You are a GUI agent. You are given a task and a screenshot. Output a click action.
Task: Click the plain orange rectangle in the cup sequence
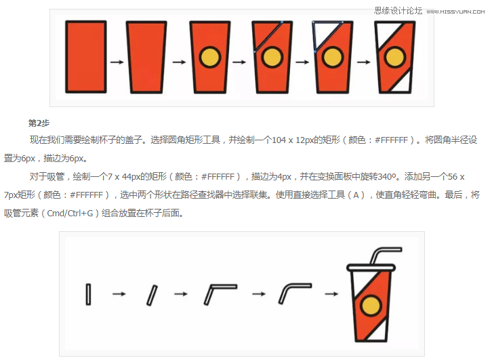[85, 57]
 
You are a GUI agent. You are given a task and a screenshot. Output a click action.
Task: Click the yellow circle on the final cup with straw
[371, 306]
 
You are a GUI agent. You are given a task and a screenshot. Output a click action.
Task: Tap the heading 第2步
[39, 123]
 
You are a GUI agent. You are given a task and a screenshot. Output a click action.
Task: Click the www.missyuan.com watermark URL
[455, 12]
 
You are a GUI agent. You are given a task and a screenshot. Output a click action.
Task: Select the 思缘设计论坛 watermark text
[398, 11]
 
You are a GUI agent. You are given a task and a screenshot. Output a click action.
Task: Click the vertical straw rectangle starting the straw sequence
[88, 294]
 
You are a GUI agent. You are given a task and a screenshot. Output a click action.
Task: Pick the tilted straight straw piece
[152, 295]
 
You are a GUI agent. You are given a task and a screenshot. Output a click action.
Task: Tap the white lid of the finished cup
[371, 268]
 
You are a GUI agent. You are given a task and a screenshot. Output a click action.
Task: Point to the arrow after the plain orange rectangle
[117, 62]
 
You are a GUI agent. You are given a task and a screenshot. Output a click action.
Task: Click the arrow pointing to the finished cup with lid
[331, 294]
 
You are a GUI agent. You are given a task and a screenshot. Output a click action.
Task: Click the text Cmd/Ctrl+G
[70, 214]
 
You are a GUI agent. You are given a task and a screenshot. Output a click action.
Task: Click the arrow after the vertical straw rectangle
[119, 294]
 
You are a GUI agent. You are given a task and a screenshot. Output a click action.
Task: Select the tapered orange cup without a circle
[146, 57]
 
